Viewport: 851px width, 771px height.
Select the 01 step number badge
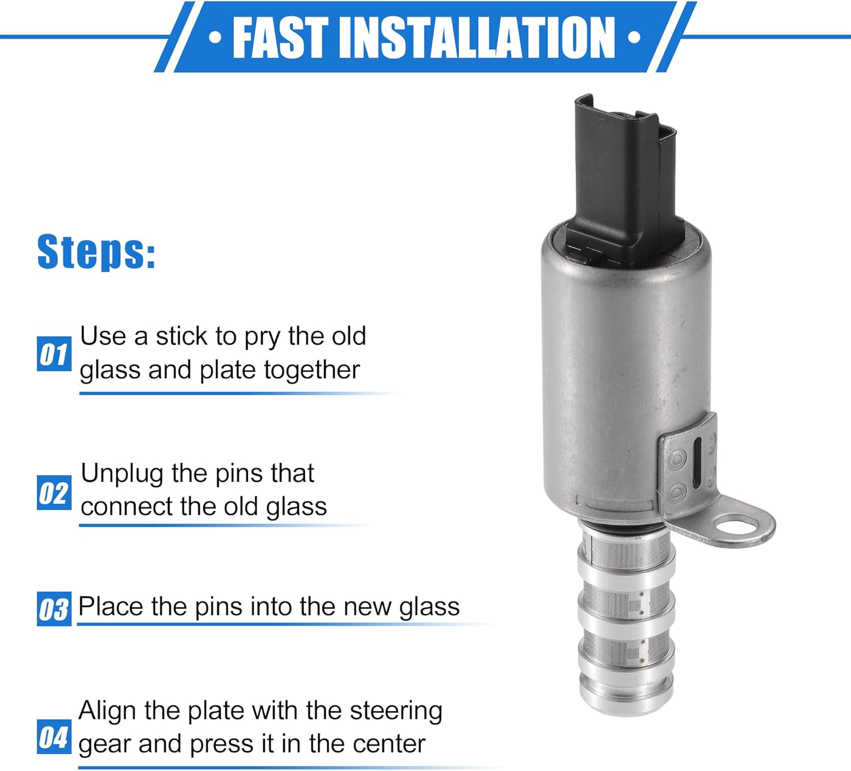(54, 354)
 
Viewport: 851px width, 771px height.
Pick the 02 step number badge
(54, 492)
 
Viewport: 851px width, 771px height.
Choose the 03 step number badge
(54, 609)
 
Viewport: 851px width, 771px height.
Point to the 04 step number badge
(54, 737)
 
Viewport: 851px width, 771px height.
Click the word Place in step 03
(111, 606)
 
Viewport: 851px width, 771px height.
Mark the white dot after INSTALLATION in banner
(634, 38)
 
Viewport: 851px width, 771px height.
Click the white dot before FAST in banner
(215, 38)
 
